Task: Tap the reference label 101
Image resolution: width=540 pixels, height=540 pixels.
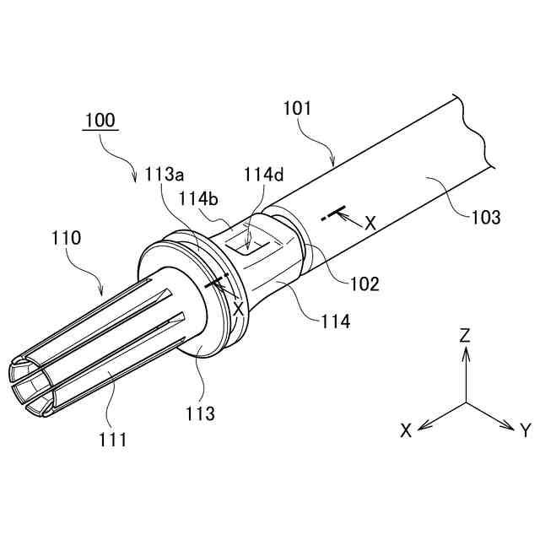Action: coord(296,109)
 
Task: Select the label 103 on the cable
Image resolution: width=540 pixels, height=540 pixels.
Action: coord(486,217)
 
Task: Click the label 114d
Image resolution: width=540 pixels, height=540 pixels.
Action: coord(264,175)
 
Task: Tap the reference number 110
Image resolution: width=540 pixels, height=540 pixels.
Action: coord(65,238)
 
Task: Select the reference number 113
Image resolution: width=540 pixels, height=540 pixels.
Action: coord(201,413)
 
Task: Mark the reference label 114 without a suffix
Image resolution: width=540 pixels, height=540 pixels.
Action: coord(336,321)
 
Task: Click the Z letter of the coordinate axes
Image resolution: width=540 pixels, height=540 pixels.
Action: coord(465,335)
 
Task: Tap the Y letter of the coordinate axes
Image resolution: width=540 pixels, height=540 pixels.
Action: coord(525,431)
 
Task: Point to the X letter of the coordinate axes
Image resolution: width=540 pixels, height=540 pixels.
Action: coord(407,430)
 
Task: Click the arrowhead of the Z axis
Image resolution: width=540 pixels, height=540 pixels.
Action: coord(465,354)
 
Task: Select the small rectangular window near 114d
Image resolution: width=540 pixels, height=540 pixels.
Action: coord(246,244)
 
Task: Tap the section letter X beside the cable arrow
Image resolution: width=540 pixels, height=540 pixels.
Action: coord(370,223)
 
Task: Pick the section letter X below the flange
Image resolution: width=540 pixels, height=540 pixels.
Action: coord(238,309)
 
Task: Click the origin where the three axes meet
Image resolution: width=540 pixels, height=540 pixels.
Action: coord(465,402)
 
